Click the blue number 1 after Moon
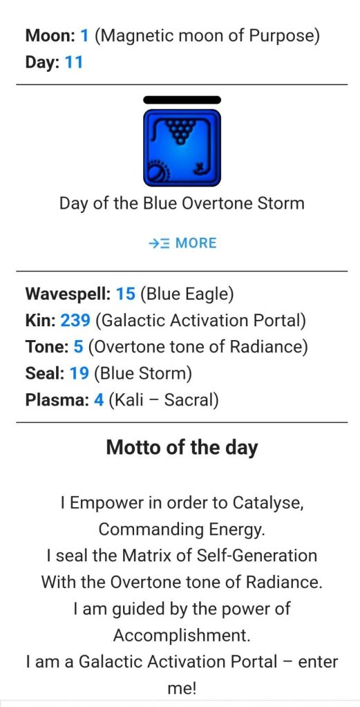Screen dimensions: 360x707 click(x=84, y=36)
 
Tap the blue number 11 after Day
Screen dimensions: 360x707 click(x=75, y=62)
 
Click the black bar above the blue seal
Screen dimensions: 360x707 click(x=182, y=100)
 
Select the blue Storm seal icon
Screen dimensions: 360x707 click(x=182, y=147)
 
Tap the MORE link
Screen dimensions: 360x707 click(x=182, y=243)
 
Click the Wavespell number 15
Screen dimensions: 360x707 click(x=126, y=294)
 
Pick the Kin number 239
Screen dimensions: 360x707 click(x=76, y=321)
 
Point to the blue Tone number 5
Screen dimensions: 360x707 click(x=78, y=347)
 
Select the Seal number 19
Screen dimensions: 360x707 click(x=79, y=373)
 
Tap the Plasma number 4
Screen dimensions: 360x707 click(x=99, y=400)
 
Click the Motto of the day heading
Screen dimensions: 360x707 click(x=182, y=447)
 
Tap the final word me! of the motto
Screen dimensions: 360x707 click(x=182, y=688)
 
